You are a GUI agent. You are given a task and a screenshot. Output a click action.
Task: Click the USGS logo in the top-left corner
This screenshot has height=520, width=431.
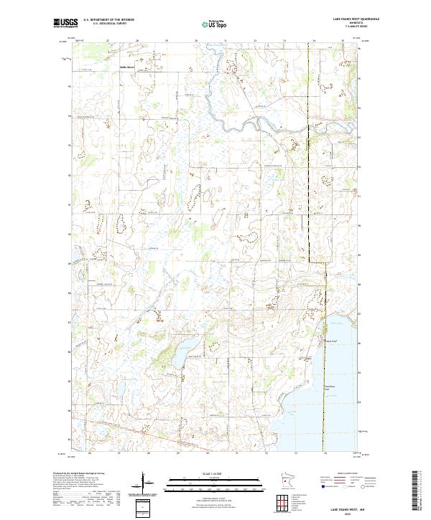[64, 23]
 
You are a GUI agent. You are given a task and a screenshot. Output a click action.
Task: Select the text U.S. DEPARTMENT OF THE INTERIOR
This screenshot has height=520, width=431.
[108, 19]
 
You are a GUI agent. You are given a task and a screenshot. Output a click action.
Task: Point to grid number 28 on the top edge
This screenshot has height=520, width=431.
[136, 41]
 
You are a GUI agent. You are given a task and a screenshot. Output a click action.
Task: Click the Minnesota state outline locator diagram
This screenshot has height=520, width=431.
[287, 481]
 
